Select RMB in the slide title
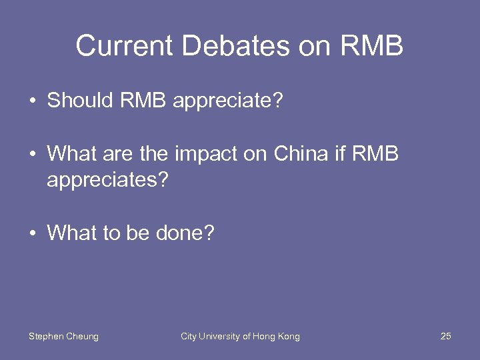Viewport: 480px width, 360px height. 372,47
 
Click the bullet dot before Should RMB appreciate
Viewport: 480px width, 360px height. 32,102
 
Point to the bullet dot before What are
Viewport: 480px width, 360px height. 32,155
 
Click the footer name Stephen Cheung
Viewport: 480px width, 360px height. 63,337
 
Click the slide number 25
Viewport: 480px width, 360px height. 446,337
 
